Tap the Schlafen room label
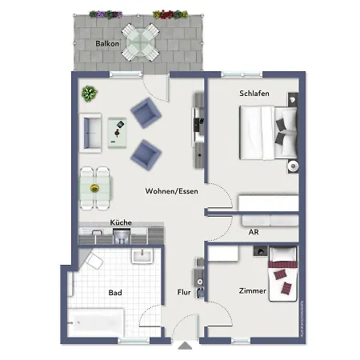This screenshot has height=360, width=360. [254, 94]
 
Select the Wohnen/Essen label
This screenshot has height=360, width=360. [172, 191]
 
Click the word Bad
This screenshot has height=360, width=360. [115, 293]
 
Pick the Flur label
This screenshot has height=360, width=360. [183, 293]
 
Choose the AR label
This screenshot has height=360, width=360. [254, 232]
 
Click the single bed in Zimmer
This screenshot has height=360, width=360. [282, 274]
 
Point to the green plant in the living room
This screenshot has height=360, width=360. [87, 94]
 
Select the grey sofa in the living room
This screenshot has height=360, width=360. [90, 134]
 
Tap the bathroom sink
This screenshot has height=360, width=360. [142, 256]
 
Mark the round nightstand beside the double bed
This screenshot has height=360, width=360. [293, 166]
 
